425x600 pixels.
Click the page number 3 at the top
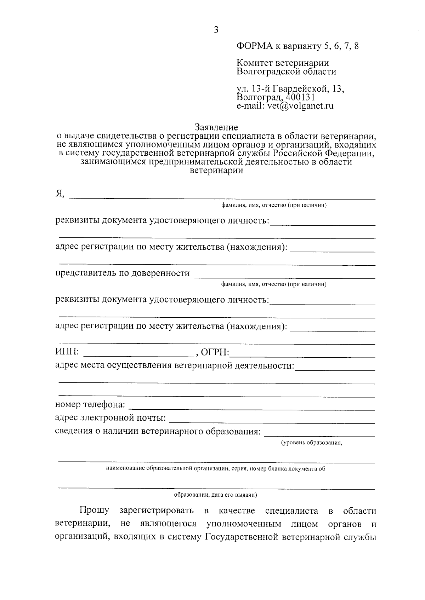point(216,30)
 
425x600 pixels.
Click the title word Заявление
point(216,127)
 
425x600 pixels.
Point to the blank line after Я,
point(222,197)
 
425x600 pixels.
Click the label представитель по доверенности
point(123,273)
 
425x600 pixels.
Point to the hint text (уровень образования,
point(312,443)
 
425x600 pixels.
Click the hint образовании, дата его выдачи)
point(215,495)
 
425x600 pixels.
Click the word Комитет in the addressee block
point(255,63)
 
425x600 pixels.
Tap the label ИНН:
point(68,352)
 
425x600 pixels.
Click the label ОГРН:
point(215,352)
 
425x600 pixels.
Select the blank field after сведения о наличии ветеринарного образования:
point(320,433)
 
